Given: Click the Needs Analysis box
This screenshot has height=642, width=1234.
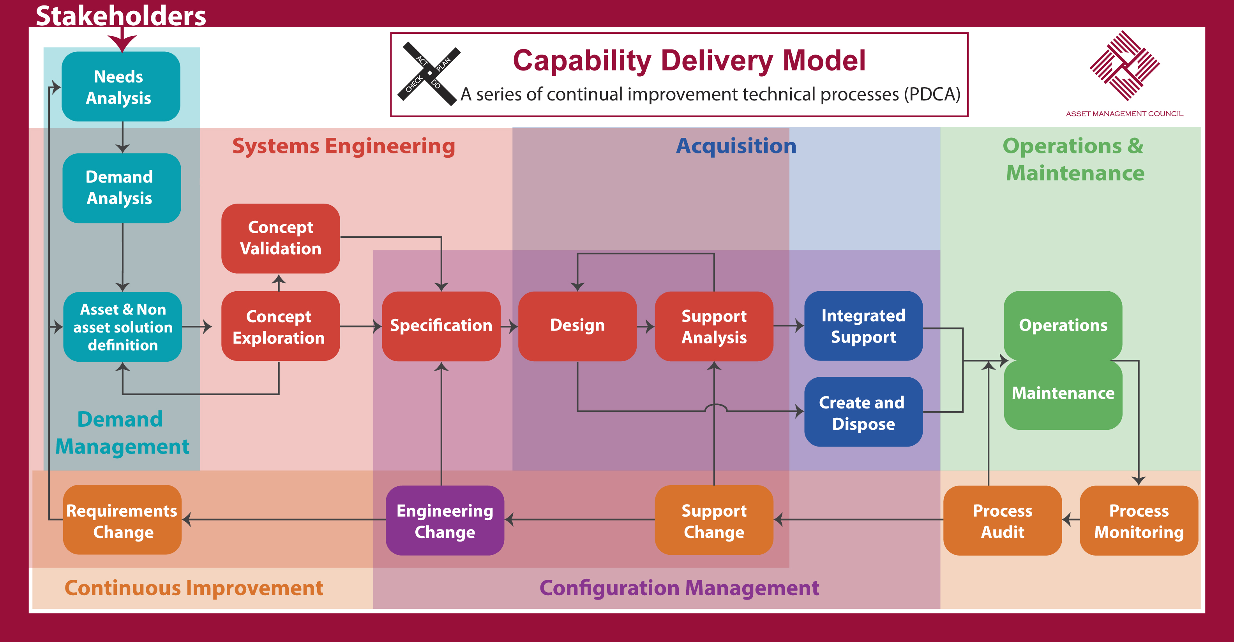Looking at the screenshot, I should point(121,87).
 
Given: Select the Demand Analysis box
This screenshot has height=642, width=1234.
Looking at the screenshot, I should point(122,188).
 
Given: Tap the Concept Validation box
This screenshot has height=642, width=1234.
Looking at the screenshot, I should point(280,238).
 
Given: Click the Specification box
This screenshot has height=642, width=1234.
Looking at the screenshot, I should point(441,326).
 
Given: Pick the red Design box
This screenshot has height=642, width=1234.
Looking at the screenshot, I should point(577,326).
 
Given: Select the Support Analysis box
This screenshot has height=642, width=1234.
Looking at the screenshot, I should point(714,326).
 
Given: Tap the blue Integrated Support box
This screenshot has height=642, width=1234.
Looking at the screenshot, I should point(863,326).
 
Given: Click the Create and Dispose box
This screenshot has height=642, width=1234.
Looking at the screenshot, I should point(863,412).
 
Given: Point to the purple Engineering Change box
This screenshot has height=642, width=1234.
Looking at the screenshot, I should point(445,521).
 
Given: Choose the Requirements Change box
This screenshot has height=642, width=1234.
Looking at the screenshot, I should point(122,521).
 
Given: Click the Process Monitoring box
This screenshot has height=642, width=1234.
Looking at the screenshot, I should point(1139,521).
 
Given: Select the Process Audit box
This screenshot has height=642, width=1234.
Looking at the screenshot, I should point(1002,521).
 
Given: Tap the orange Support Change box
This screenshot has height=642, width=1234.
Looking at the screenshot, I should point(714,521).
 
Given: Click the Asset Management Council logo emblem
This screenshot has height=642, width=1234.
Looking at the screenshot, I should point(1124,66).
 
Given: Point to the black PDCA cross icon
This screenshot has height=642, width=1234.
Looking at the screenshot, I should point(429,73).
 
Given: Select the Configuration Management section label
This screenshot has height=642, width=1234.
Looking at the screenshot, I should point(679,588).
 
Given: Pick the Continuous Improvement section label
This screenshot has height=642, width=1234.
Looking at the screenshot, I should point(194,588).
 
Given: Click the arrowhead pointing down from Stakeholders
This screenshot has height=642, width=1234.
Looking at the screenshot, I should point(122,42).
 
